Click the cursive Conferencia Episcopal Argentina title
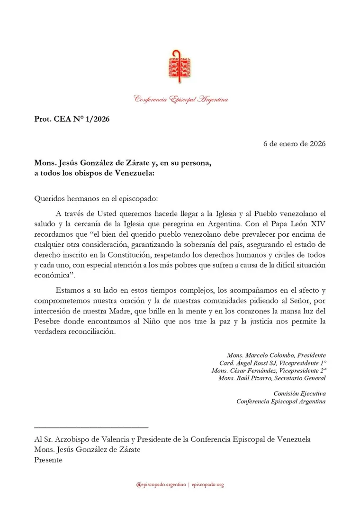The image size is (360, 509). click(181, 99)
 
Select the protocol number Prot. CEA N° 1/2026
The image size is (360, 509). click(72, 119)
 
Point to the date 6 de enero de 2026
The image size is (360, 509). click(294, 143)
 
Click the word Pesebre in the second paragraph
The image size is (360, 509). click(48, 322)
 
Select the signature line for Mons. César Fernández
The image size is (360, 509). click(269, 370)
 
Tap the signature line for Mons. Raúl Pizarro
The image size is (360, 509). click(272, 378)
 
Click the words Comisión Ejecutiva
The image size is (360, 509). click(299, 393)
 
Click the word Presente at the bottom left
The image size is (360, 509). click(48, 459)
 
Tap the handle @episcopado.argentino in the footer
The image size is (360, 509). click(160, 485)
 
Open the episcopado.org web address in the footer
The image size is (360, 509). click(207, 485)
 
